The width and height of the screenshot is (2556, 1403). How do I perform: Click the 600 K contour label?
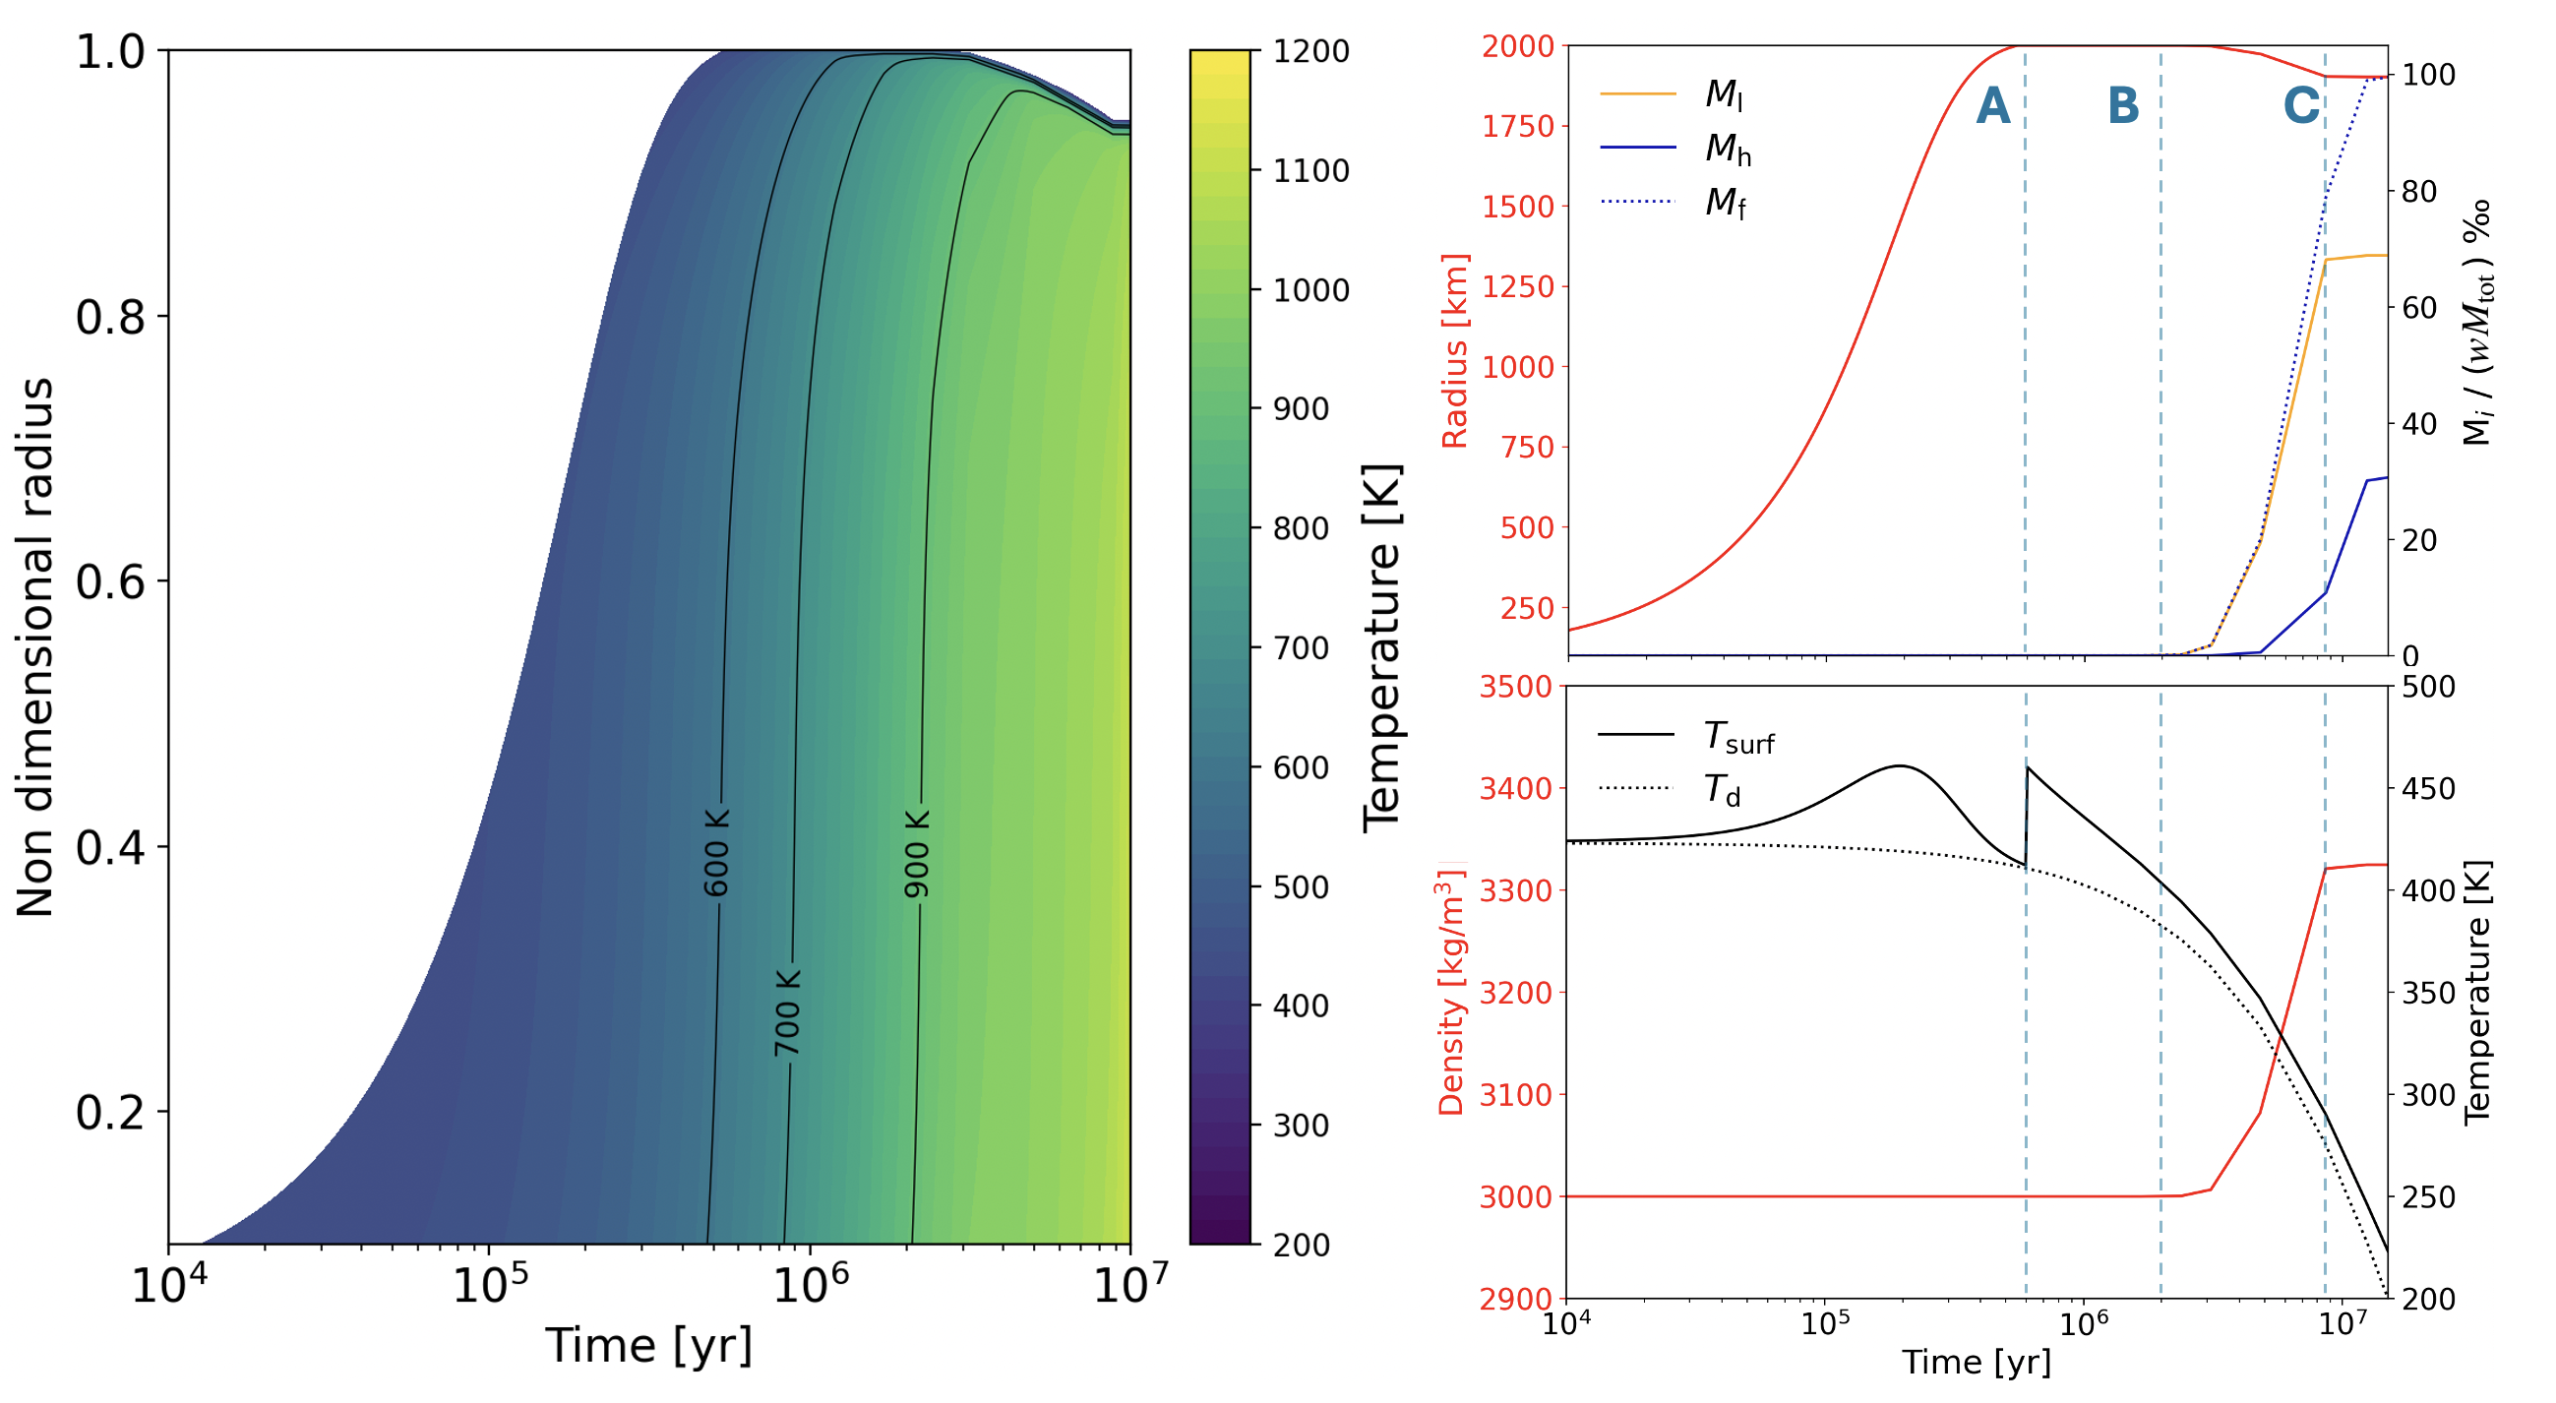click(x=716, y=852)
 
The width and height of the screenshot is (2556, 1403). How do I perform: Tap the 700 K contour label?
click(x=787, y=1013)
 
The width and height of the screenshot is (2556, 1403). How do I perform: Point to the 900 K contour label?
click(x=918, y=853)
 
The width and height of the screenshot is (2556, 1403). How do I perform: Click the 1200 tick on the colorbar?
click(x=1310, y=50)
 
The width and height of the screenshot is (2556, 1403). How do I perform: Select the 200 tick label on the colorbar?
click(x=1301, y=1245)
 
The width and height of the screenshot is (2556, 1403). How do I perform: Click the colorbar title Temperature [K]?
click(x=1381, y=648)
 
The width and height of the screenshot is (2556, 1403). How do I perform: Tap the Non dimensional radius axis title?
click(x=34, y=647)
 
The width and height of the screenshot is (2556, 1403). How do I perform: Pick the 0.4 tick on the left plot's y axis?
click(x=110, y=846)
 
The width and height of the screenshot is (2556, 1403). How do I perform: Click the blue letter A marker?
click(x=1992, y=106)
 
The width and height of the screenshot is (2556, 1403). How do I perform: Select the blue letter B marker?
click(x=2123, y=106)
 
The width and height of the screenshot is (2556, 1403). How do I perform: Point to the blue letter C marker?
click(x=2301, y=106)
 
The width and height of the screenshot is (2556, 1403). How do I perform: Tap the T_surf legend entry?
click(x=1686, y=737)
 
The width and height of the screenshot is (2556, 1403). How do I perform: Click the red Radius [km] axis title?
click(x=1455, y=350)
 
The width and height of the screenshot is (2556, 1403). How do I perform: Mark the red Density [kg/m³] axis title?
click(x=1450, y=992)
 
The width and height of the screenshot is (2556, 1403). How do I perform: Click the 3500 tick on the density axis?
click(x=1514, y=688)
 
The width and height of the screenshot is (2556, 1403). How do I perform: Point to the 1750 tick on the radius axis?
click(x=1517, y=127)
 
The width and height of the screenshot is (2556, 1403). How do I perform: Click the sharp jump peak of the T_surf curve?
click(x=2027, y=767)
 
